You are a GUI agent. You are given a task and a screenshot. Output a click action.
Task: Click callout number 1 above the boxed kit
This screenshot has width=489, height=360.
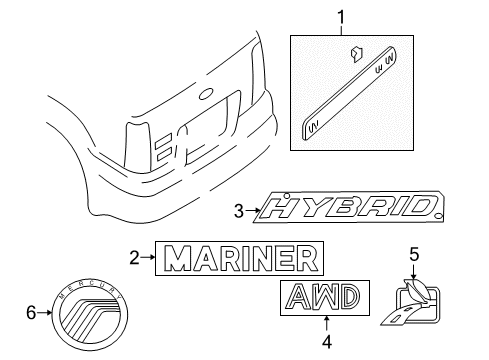[x=341, y=17]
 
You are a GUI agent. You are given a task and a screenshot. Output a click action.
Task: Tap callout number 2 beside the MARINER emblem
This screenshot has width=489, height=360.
[x=134, y=258]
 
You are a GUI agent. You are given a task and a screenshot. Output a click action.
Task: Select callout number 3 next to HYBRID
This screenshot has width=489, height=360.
[x=239, y=211]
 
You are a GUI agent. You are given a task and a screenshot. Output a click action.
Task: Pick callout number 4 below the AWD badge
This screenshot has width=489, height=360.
[x=327, y=341]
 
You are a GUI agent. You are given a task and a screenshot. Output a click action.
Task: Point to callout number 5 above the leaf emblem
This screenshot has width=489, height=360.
[x=414, y=255]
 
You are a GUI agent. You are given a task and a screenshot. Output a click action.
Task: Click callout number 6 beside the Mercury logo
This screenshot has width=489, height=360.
[x=31, y=313]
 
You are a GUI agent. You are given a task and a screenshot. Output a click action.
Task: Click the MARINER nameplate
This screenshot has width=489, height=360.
[x=239, y=258]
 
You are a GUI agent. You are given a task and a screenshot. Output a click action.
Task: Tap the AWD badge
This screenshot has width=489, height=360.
[x=325, y=298]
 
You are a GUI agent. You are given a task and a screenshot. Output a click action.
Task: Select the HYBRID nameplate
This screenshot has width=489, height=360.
[x=349, y=207]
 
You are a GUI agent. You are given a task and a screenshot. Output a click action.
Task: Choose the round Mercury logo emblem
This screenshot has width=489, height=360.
[x=90, y=314]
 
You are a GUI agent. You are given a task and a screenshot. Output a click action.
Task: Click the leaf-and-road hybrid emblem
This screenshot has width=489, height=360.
[x=411, y=302]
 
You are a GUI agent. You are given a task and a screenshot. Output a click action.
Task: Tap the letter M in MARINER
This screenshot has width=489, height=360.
[x=180, y=258]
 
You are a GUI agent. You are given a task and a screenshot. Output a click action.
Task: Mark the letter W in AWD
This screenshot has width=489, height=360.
[x=325, y=296]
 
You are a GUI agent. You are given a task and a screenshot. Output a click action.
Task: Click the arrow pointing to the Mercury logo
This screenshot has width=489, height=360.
[x=45, y=313]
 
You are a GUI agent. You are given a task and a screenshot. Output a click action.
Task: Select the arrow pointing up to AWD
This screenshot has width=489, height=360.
[x=327, y=324]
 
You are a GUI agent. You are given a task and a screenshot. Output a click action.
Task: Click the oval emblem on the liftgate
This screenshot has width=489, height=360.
[x=206, y=94]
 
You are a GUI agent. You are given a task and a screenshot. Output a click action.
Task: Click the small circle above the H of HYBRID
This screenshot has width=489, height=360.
[x=287, y=195]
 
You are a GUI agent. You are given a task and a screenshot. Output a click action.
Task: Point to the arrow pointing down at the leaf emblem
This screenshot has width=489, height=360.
[x=413, y=271]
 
